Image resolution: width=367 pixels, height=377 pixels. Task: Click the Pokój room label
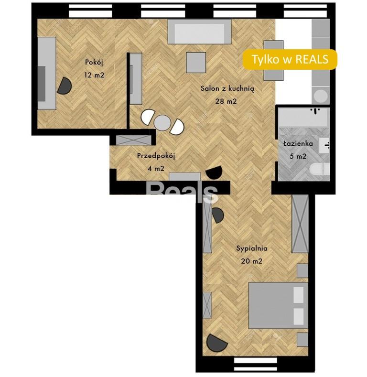click(x=94, y=63)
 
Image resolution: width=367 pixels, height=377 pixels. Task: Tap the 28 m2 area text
click(x=226, y=101)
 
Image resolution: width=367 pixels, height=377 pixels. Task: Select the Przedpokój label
click(x=156, y=156)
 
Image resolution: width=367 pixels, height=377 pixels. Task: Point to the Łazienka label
click(x=298, y=143)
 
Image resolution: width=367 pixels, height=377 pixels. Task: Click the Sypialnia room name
click(x=252, y=248)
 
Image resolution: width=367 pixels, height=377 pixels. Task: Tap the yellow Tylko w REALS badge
click(x=290, y=59)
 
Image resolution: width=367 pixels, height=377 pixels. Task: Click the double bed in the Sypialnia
click(x=278, y=305)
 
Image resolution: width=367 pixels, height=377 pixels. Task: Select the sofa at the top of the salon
click(x=199, y=32)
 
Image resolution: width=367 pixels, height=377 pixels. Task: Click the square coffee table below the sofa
click(x=196, y=63)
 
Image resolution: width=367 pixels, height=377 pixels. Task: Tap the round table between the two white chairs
click(x=162, y=122)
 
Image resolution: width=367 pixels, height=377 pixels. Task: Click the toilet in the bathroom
click(x=319, y=169)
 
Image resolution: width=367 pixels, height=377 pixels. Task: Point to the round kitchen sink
click(x=321, y=96)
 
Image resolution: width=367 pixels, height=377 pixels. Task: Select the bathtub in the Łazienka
click(x=304, y=117)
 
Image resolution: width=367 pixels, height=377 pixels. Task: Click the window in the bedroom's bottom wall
click(x=255, y=364)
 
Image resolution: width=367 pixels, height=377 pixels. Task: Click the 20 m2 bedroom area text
click(x=251, y=261)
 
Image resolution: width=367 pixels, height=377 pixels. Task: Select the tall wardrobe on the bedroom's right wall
click(x=300, y=224)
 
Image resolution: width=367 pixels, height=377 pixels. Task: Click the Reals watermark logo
click(x=182, y=191)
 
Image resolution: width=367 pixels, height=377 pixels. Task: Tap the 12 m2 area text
click(x=94, y=75)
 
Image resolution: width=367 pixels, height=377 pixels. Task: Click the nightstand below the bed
click(x=302, y=340)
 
